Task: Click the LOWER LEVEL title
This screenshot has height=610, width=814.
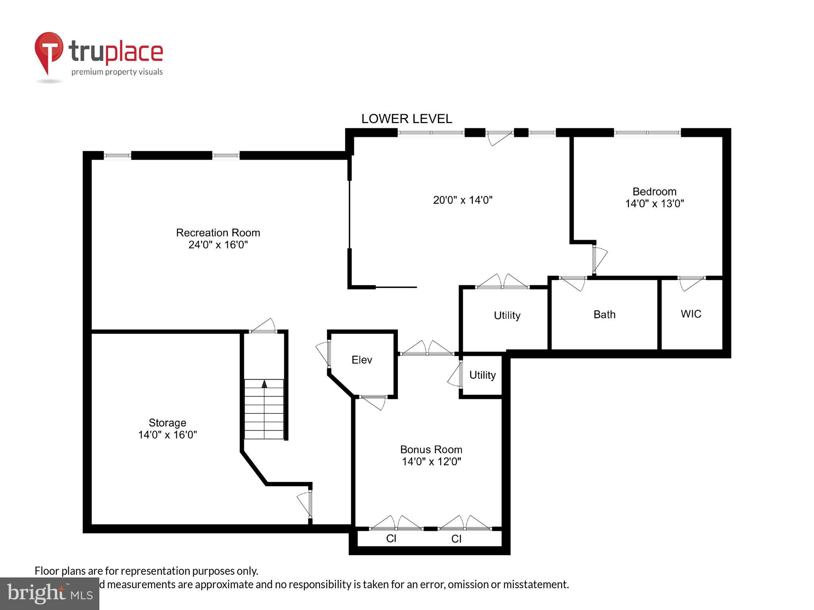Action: click(x=406, y=119)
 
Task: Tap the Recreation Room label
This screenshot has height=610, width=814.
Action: click(x=218, y=233)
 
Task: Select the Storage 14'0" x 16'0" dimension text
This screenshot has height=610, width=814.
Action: click(x=167, y=435)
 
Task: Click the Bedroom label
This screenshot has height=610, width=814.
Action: click(x=654, y=192)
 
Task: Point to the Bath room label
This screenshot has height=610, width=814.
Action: click(x=604, y=315)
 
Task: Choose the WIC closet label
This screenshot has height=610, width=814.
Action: click(x=691, y=314)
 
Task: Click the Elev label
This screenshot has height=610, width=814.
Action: click(x=362, y=360)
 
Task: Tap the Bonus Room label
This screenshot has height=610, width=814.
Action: click(x=431, y=450)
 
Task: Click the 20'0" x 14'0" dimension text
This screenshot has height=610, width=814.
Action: click(x=463, y=200)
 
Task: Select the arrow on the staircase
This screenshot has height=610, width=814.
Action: click(x=264, y=384)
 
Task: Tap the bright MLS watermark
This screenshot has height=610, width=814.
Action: click(x=50, y=593)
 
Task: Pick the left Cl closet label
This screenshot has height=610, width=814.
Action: click(x=391, y=539)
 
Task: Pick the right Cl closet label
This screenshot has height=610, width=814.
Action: click(x=456, y=539)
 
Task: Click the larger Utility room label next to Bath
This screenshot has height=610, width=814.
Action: click(x=507, y=315)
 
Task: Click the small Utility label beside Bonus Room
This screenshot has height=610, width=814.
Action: click(x=482, y=375)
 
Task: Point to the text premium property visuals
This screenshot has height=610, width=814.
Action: click(x=117, y=72)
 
